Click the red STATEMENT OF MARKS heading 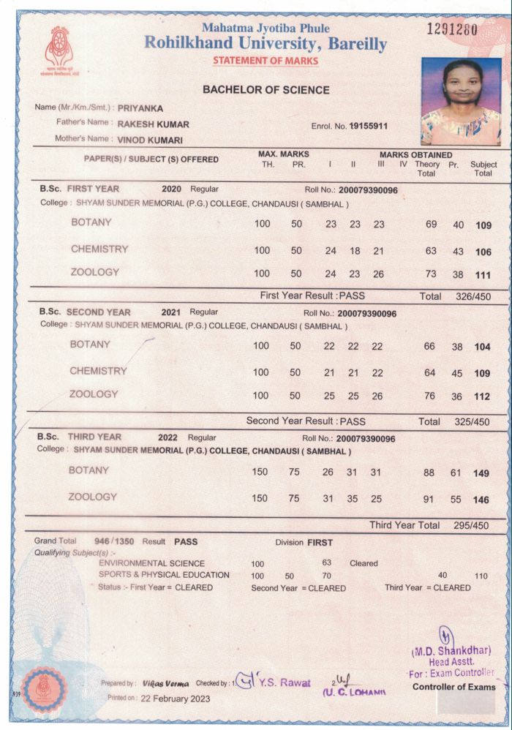266,61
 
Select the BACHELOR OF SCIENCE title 266,90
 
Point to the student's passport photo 460,102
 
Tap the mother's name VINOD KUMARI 150,139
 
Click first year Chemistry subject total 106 482,252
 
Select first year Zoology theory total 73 431,274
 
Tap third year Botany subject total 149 481,474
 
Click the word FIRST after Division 320,543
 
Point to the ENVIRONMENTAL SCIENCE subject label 152,564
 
